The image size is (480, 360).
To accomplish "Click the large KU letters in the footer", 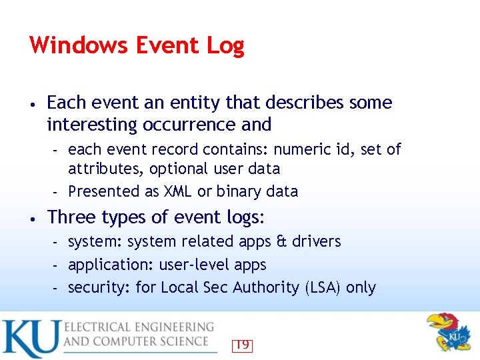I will coord(31,338).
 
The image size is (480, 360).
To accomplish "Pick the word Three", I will coord(69,217).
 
